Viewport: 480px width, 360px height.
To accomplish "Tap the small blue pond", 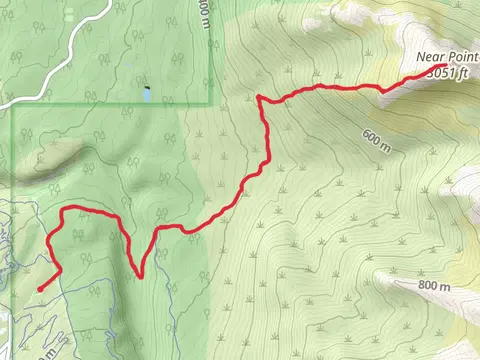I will point(147,94).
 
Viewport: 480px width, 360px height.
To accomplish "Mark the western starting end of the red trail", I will point(40,289).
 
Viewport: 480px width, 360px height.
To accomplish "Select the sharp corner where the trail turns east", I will point(259,98).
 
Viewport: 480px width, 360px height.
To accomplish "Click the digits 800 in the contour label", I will point(428,286).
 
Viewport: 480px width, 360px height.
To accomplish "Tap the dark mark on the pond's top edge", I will point(146,89).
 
